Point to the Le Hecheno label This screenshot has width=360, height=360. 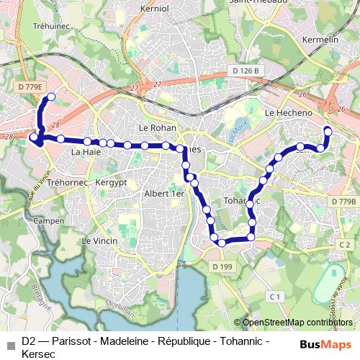tap(288, 114)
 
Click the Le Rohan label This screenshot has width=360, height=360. tap(153, 128)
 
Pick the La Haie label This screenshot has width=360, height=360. tap(85, 153)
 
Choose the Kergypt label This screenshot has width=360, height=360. tap(111, 182)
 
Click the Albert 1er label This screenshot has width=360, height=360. tap(164, 193)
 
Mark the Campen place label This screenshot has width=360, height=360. tap(49, 220)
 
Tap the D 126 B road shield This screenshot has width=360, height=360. tap(246, 70)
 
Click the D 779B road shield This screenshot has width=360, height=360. tap(345, 202)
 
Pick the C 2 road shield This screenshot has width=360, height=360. tap(343, 246)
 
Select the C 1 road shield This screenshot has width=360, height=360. tap(274, 297)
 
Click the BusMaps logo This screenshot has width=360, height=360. tap(326, 344)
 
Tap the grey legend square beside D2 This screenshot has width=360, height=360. tap(10, 344)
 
